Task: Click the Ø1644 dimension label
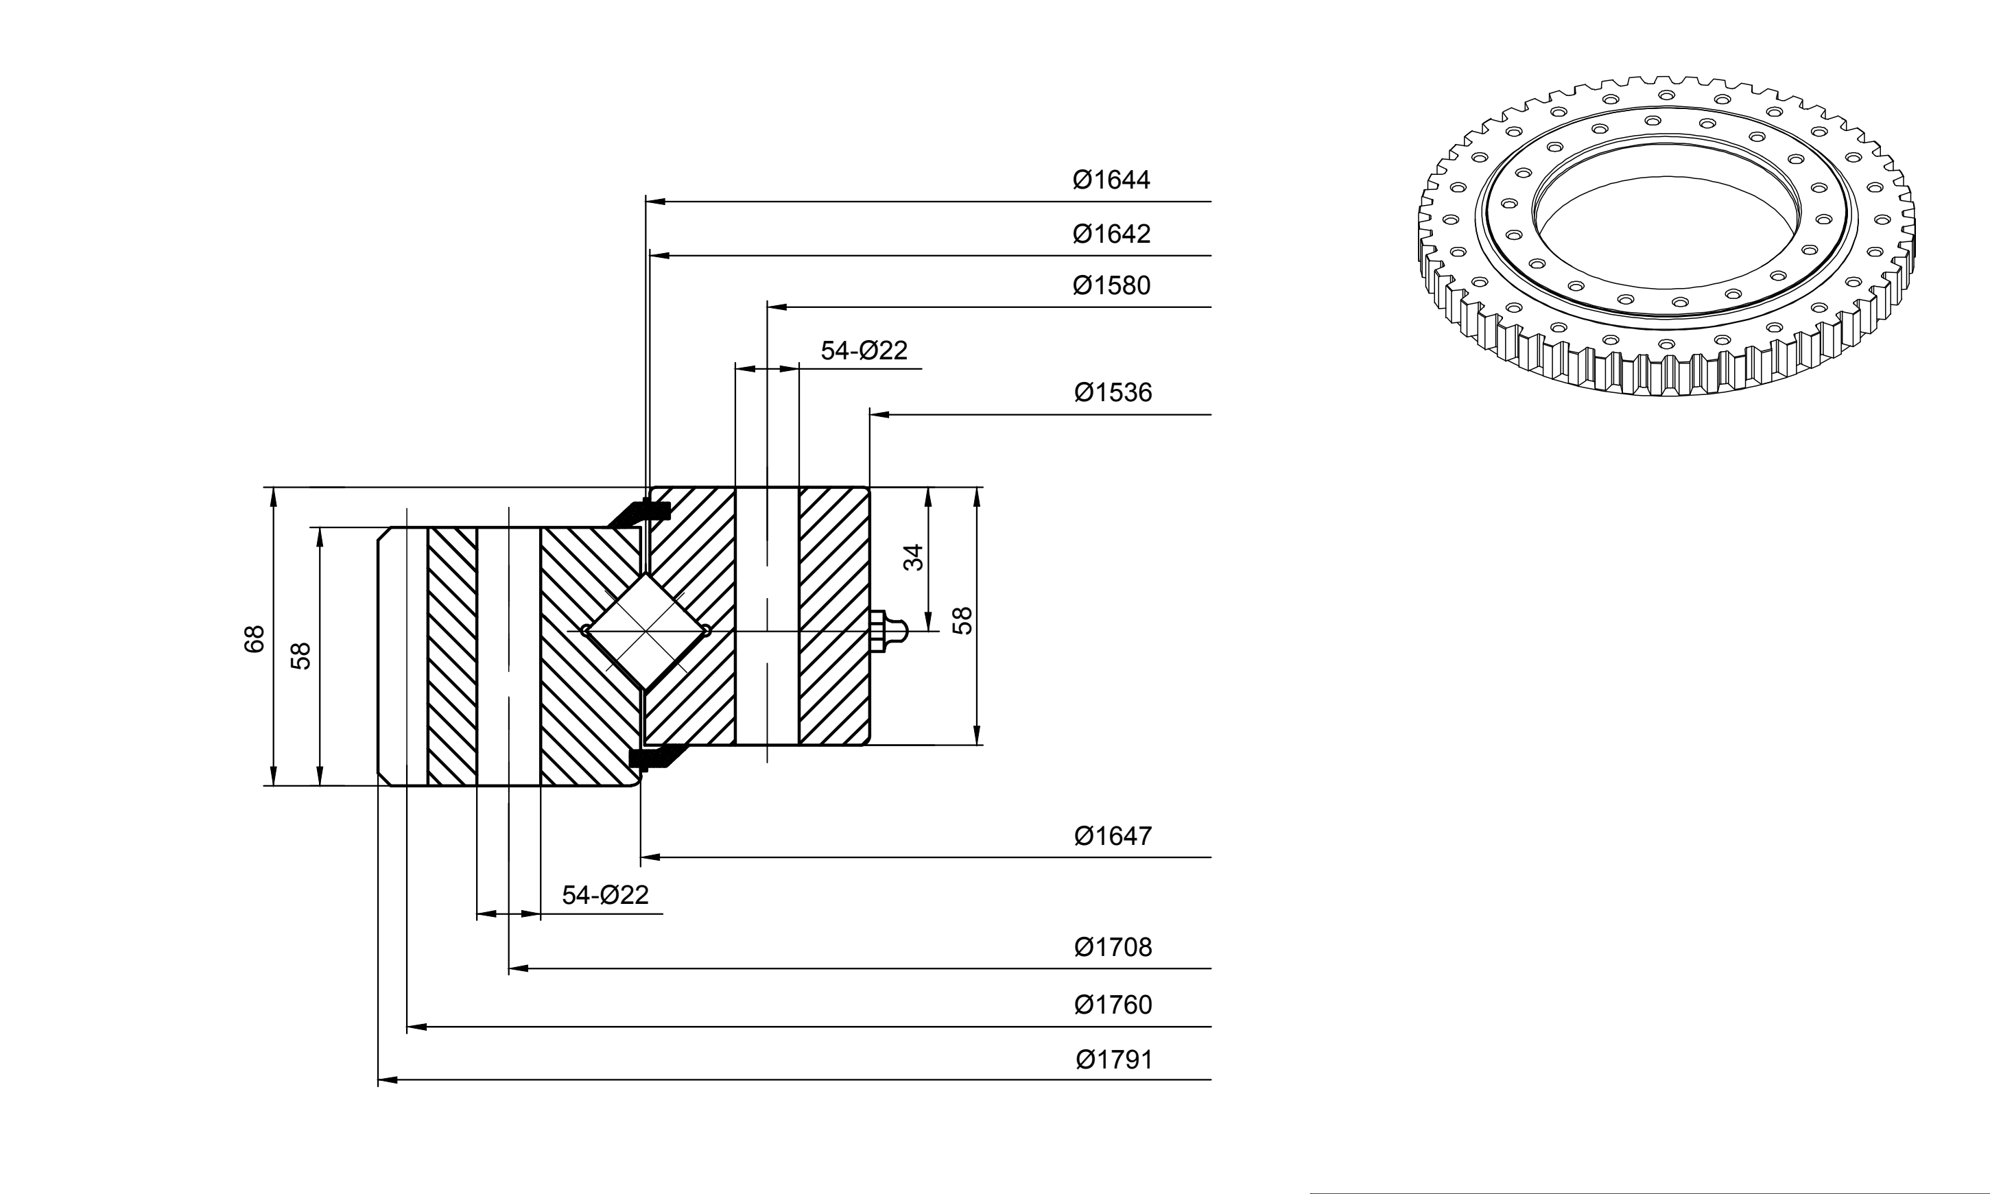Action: coord(1111,180)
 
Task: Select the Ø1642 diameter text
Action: coord(1111,233)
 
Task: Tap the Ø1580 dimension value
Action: coord(1111,285)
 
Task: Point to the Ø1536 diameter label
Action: coord(1113,393)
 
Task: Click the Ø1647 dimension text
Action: coord(1113,836)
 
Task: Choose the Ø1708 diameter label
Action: coord(1113,947)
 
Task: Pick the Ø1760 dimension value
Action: coord(1113,1005)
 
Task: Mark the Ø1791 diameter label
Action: coord(1115,1060)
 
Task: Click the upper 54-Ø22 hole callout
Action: coord(864,350)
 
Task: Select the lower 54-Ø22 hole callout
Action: coord(605,895)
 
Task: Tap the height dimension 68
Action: coord(254,639)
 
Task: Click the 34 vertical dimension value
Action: coord(913,558)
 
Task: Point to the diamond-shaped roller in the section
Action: coord(646,631)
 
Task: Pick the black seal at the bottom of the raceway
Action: coord(656,757)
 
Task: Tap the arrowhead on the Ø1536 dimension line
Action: coord(879,414)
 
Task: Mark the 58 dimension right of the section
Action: coord(962,621)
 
